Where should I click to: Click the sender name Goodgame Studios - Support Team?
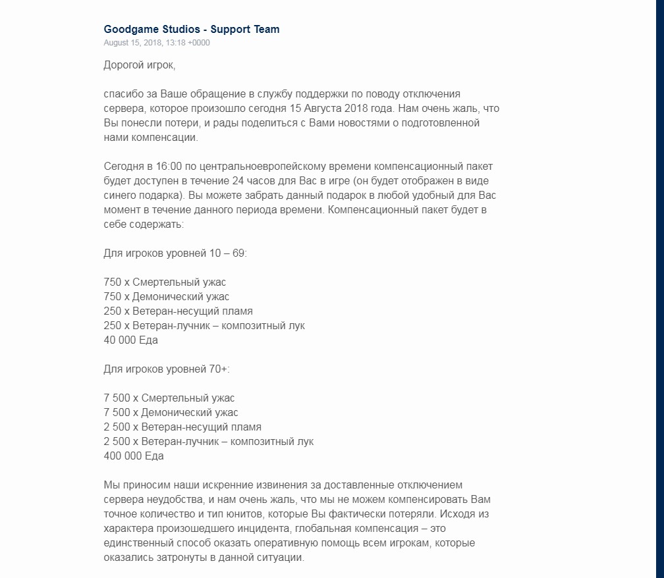(192, 29)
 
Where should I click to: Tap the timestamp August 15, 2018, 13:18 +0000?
(157, 43)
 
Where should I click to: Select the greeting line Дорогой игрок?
(140, 65)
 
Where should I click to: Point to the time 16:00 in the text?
(170, 166)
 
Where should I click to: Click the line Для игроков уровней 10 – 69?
(175, 253)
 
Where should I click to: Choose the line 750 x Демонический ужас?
(167, 296)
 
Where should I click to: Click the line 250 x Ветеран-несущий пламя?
(178, 311)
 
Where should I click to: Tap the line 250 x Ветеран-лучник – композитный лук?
(204, 325)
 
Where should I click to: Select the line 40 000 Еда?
(130, 340)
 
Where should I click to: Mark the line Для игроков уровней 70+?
(167, 369)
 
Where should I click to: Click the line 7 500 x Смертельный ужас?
(169, 398)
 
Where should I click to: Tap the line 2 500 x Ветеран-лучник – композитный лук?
(209, 441)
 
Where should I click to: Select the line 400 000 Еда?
(134, 456)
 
